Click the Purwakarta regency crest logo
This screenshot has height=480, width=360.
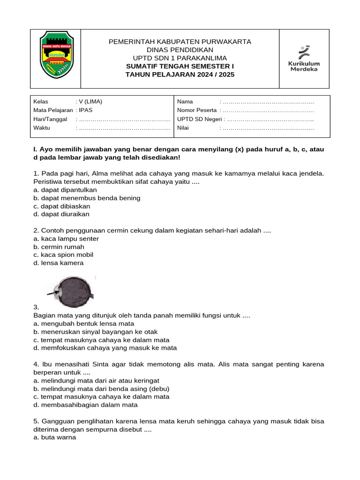(x=55, y=55)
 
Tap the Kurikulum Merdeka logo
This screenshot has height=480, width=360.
(x=304, y=59)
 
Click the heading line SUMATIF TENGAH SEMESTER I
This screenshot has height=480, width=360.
(x=180, y=66)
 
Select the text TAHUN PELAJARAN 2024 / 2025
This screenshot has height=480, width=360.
(x=180, y=75)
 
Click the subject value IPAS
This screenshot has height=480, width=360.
(x=86, y=110)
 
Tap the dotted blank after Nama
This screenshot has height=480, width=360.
(x=268, y=101)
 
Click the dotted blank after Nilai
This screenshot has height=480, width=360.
(x=268, y=127)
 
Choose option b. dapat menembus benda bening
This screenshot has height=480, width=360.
(x=87, y=198)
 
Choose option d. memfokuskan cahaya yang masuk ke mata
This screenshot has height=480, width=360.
(x=105, y=348)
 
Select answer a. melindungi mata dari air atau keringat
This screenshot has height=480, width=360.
(x=96, y=381)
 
